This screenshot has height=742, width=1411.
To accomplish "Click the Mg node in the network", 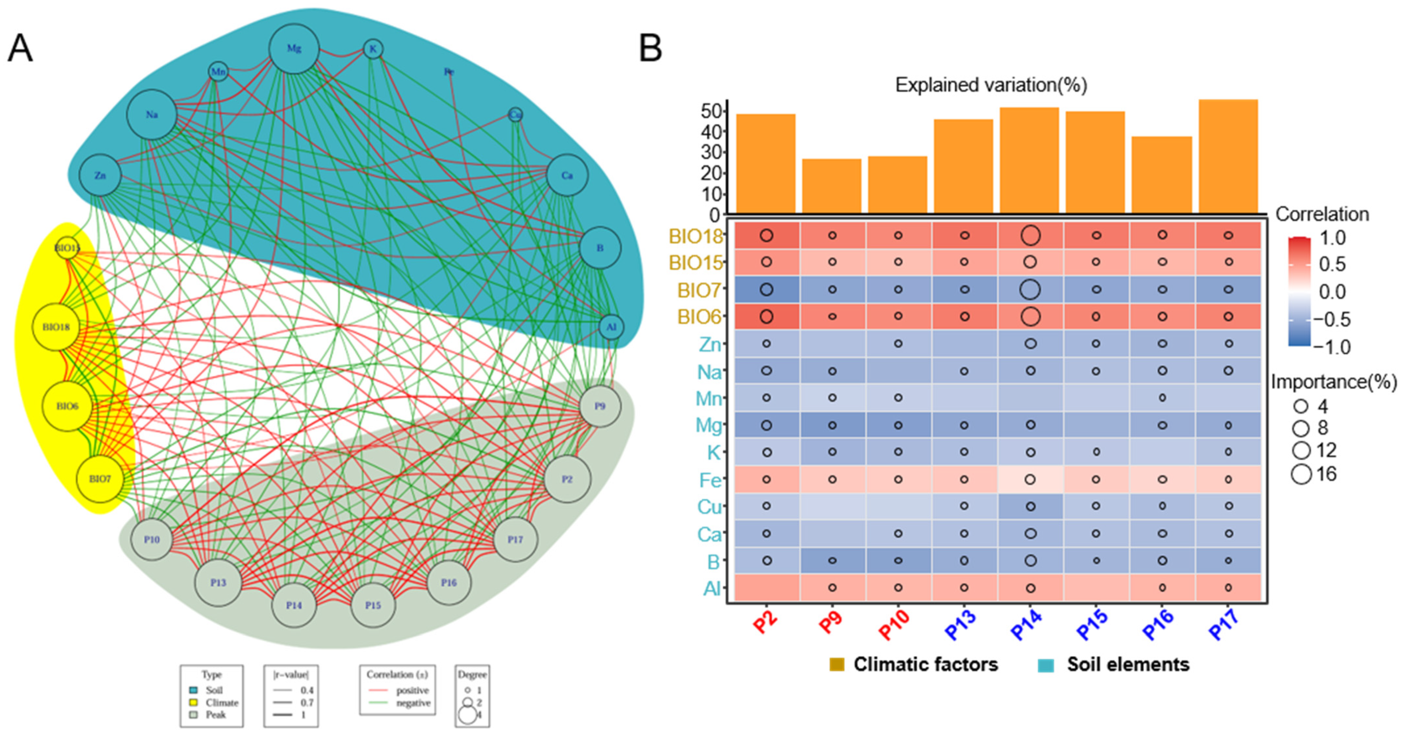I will [x=294, y=49].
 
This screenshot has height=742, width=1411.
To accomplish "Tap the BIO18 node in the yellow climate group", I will [x=56, y=327].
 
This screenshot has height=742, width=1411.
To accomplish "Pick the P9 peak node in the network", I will [x=600, y=406].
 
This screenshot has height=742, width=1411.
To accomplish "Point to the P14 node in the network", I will [x=294, y=605].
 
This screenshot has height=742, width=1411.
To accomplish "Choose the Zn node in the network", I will [x=100, y=175].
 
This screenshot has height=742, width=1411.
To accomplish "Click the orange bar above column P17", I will [x=1228, y=156].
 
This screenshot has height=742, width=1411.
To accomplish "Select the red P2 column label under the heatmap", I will [x=765, y=623].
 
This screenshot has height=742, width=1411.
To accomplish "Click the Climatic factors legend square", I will [x=836, y=665].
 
